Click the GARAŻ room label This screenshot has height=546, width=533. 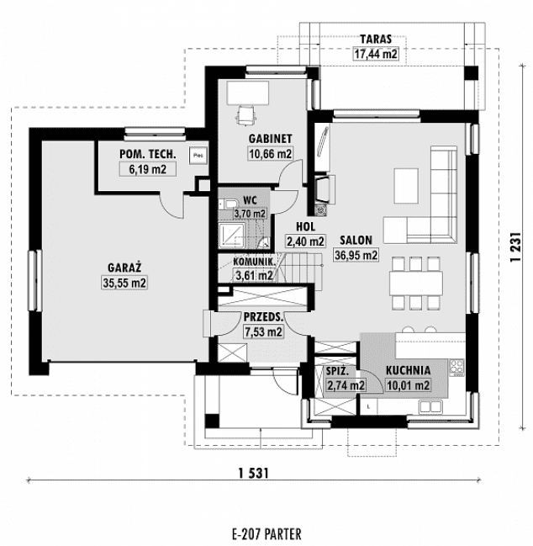click(x=124, y=267)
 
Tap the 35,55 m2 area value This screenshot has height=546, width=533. click(x=124, y=284)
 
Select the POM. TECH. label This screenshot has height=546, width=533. click(x=147, y=154)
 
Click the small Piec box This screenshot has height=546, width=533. click(x=198, y=154)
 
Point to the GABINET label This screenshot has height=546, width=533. click(x=269, y=137)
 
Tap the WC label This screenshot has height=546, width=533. click(x=250, y=199)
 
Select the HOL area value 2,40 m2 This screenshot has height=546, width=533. click(x=305, y=241)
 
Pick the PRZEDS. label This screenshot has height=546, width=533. click(x=262, y=316)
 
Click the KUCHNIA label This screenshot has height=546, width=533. click(x=409, y=369)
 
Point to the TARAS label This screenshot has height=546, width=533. click(x=376, y=39)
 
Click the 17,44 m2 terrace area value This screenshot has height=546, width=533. click(x=376, y=55)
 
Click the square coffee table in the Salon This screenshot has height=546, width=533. click(x=406, y=180)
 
